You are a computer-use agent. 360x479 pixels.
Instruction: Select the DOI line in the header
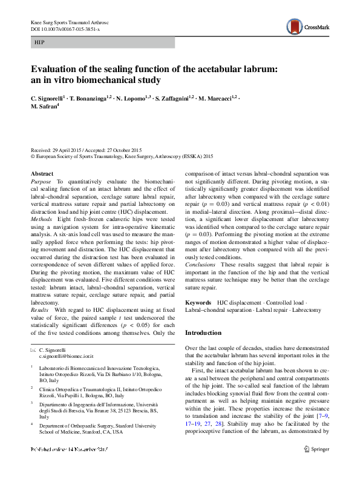point(65,28)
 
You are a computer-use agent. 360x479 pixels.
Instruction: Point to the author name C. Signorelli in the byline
point(48,97)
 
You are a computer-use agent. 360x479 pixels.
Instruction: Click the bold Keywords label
point(198,302)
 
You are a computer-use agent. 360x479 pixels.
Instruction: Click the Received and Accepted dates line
point(85,150)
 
